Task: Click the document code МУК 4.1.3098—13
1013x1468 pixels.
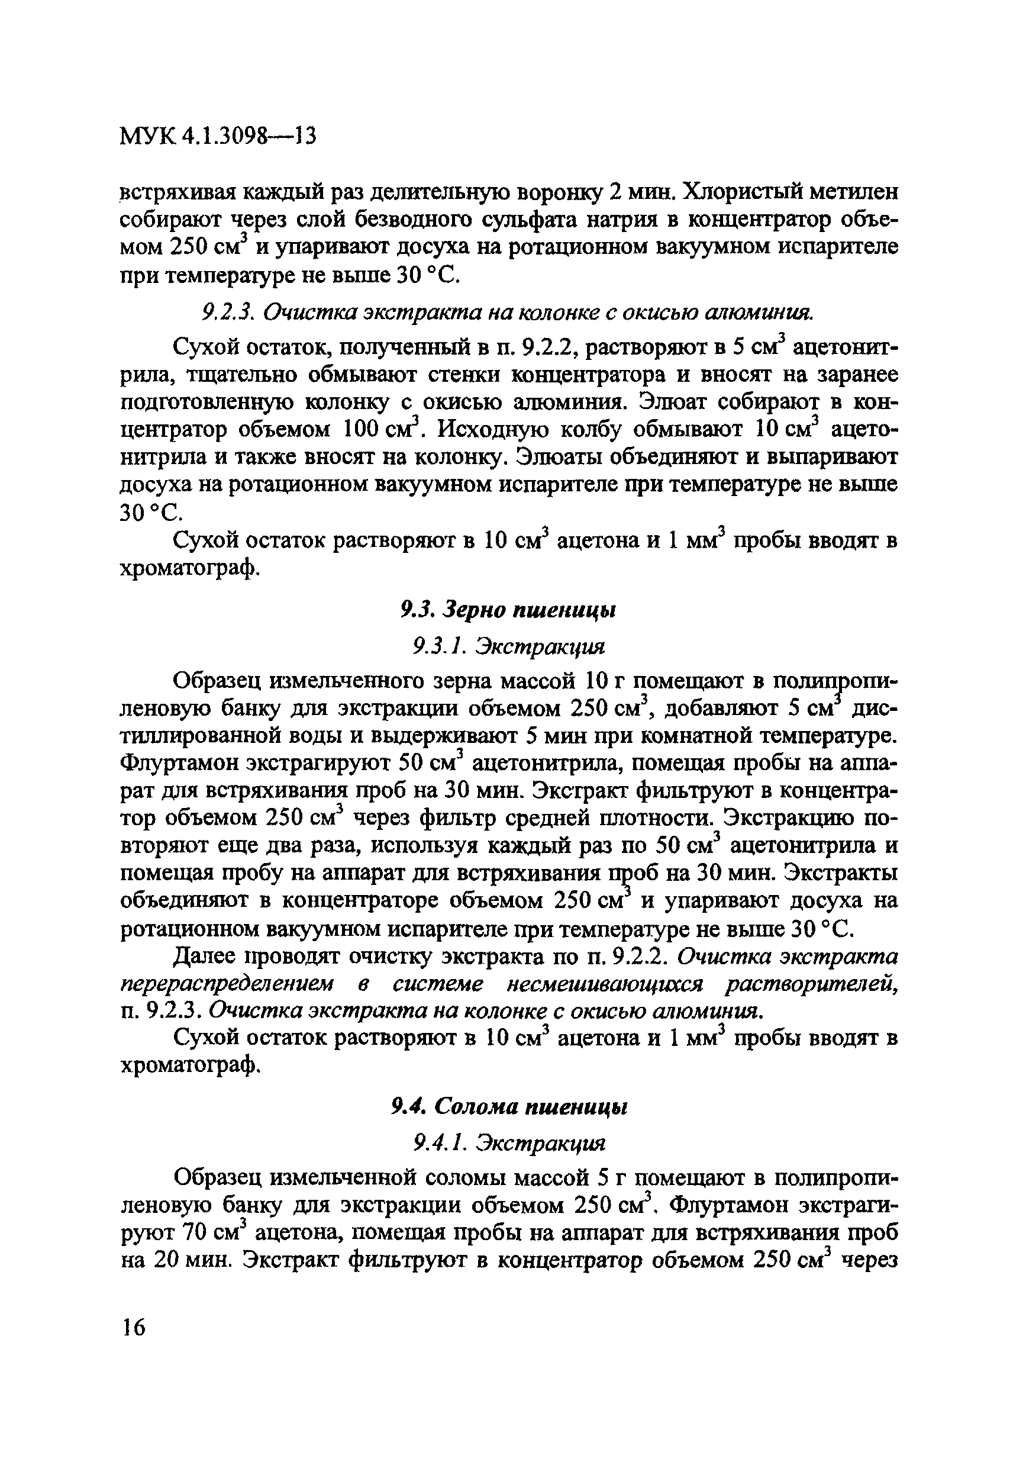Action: [218, 136]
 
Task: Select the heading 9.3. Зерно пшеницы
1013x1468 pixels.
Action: [508, 610]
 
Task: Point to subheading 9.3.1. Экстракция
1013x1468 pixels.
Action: [508, 647]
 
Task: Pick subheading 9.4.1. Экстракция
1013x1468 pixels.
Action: [508, 1143]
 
